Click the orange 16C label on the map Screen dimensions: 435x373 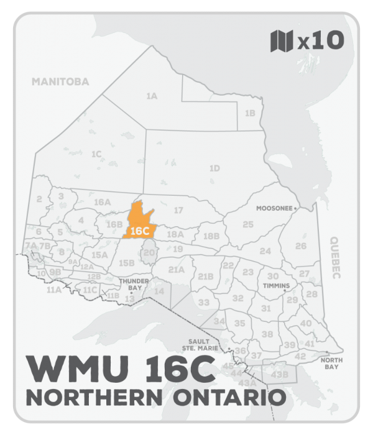click(x=140, y=231)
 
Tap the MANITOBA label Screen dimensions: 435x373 click(x=60, y=81)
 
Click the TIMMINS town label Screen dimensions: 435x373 click(x=276, y=286)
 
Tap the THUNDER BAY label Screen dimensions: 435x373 click(x=131, y=285)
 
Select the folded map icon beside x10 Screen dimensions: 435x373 click(x=281, y=42)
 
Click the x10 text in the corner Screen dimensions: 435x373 click(x=321, y=42)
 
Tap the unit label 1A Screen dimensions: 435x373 click(x=151, y=96)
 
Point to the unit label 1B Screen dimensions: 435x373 click(x=250, y=113)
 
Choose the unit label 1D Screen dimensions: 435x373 click(x=214, y=168)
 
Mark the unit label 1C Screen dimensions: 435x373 click(x=96, y=153)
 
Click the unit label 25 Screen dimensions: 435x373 click(x=248, y=224)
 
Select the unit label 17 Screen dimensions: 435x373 click(x=178, y=210)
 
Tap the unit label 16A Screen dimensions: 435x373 click(x=102, y=202)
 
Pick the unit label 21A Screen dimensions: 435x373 click(x=177, y=269)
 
